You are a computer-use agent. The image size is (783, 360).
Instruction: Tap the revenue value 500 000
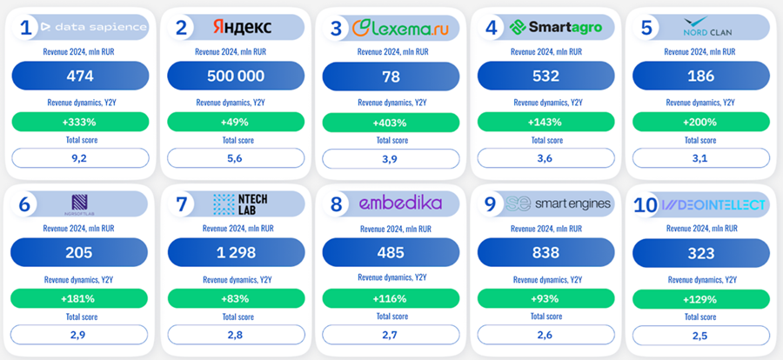(x=235, y=76)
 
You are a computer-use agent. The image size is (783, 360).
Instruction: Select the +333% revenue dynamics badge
(x=80, y=122)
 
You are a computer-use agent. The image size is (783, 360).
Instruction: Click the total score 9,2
(x=80, y=158)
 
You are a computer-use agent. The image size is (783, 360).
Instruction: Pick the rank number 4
(x=492, y=28)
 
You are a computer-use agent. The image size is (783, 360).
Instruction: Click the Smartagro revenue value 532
(x=545, y=76)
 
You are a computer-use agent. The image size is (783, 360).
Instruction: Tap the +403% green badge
(x=391, y=122)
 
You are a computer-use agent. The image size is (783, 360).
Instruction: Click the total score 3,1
(x=700, y=158)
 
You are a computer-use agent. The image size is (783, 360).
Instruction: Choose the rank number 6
(x=25, y=204)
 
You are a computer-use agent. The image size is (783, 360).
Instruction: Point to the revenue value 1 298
(x=235, y=252)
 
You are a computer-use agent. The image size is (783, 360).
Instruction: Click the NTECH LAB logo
(x=241, y=204)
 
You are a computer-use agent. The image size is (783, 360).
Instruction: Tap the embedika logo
(x=400, y=204)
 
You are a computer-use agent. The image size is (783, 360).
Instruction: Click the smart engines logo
(x=559, y=204)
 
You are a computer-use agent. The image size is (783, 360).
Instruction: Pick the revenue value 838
(x=545, y=252)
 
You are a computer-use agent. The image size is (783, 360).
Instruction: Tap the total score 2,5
(x=700, y=334)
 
